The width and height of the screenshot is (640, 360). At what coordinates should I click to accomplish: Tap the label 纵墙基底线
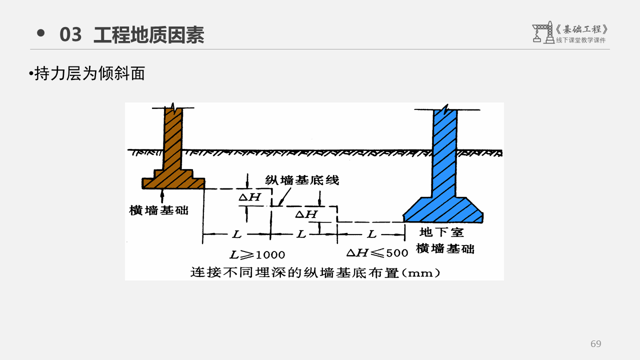pos(302,180)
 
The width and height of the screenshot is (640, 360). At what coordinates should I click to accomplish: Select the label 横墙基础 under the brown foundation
pos(159,210)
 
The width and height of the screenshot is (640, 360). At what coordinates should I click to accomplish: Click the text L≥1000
pos(257,254)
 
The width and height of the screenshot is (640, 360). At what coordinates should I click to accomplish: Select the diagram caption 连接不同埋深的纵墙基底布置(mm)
pos(315,273)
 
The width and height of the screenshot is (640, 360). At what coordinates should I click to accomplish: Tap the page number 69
pos(595,344)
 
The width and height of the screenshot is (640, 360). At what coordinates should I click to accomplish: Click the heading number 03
pos(70,35)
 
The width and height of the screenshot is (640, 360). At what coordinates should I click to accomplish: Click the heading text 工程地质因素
pos(149,35)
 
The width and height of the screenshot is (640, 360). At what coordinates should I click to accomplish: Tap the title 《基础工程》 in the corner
pos(582,29)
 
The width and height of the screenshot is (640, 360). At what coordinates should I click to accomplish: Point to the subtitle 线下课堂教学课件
pos(580,40)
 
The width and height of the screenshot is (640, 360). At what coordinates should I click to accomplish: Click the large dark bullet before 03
pos(41,33)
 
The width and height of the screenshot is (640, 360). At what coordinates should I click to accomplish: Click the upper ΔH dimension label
pos(249,197)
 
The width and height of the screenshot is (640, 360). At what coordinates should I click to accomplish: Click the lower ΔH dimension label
pos(306,214)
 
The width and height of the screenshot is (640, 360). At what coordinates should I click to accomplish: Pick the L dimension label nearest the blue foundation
pos(371,234)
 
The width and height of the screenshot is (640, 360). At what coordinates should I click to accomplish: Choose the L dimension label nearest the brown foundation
pos(236,234)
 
